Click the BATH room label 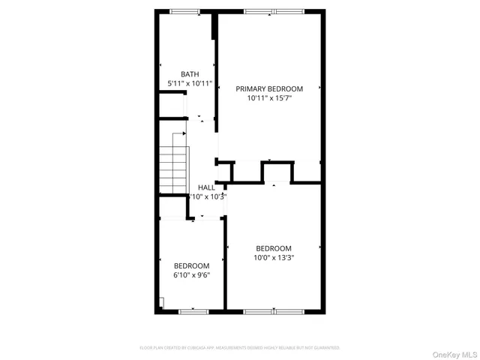pyautogui.click(x=190, y=74)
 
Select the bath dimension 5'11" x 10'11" pyautogui.click(x=190, y=84)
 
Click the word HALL pyautogui.click(x=206, y=187)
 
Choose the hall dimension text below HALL pyautogui.click(x=206, y=196)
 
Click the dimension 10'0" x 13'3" pyautogui.click(x=273, y=258)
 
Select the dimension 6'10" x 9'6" pyautogui.click(x=191, y=274)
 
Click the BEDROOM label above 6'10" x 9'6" pyautogui.click(x=191, y=265)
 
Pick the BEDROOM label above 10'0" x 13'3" pyautogui.click(x=273, y=248)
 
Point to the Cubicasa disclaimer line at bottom pyautogui.click(x=240, y=348)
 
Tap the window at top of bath pyautogui.click(x=185, y=11)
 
